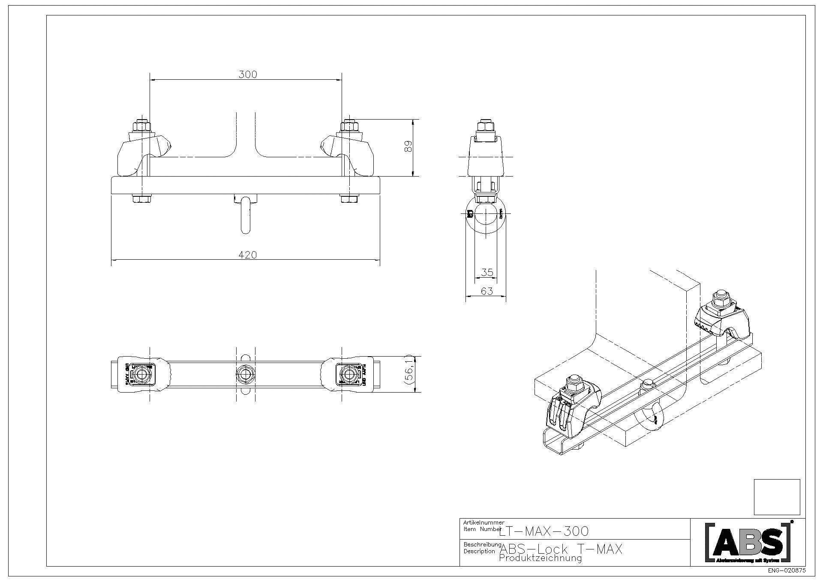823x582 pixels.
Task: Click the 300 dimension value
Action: pos(247,75)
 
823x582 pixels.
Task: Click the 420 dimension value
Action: pos(247,255)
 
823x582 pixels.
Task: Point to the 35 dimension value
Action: pos(487,273)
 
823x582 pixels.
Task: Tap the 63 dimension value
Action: pos(487,291)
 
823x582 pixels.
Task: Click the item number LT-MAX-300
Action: pos(544,531)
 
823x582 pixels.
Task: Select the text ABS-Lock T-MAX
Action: pos(561,549)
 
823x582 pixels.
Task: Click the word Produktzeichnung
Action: pos(540,558)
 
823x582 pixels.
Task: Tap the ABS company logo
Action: pos(748,542)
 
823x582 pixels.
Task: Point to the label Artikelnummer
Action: pos(484,522)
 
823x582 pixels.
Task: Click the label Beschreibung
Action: pos(482,544)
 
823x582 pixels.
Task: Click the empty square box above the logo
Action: pos(777,497)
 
